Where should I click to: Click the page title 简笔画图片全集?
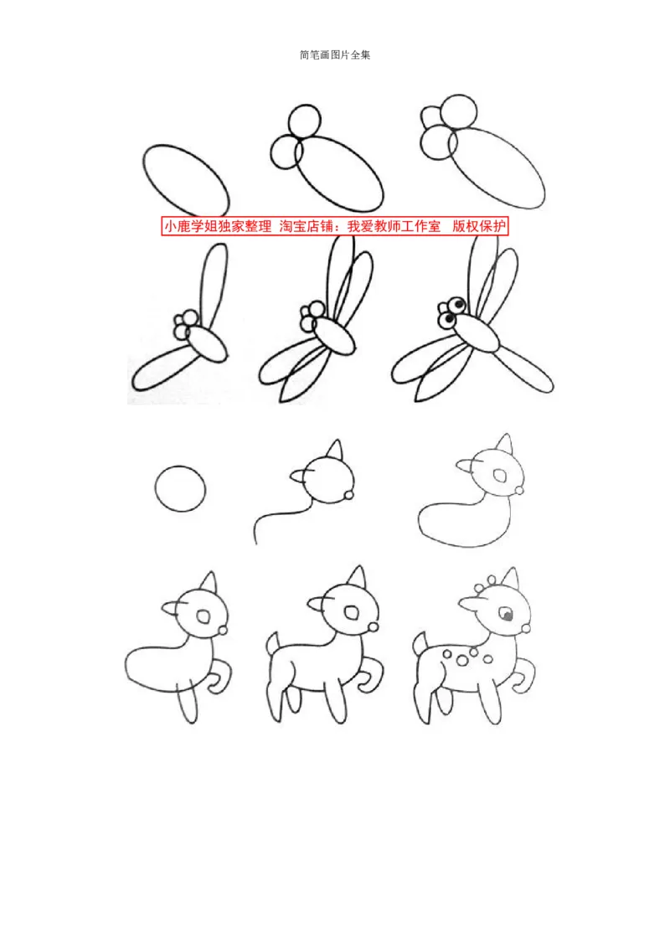[x=335, y=55]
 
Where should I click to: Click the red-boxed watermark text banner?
[x=334, y=226]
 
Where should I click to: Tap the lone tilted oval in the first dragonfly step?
[x=186, y=178]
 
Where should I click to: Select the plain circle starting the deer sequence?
[x=180, y=488]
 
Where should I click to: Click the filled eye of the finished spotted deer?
[x=506, y=616]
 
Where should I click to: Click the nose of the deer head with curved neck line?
[x=348, y=496]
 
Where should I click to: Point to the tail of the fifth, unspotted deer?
[x=273, y=643]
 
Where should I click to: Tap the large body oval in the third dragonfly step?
[x=497, y=167]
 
